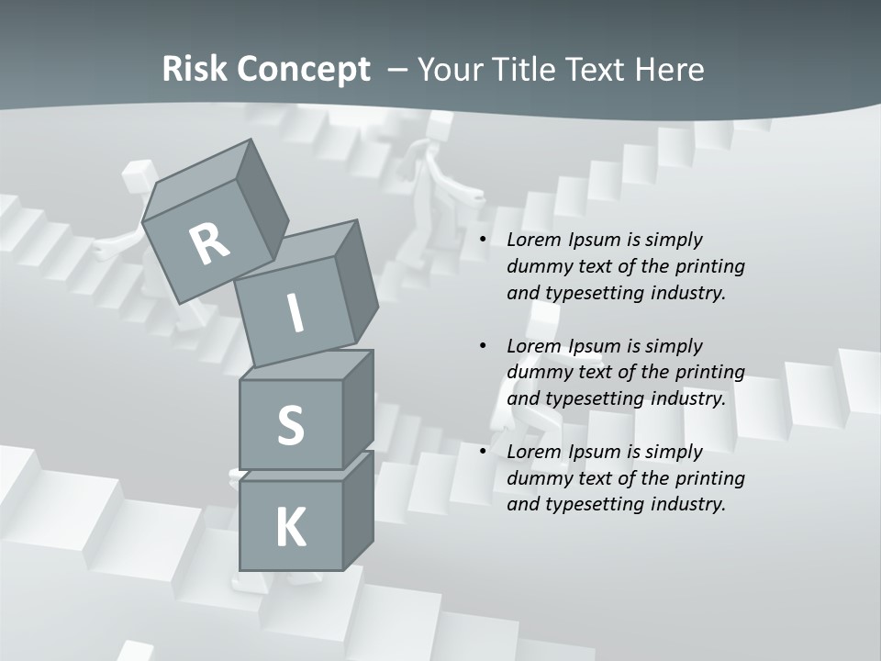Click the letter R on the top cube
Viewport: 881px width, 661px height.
(210, 243)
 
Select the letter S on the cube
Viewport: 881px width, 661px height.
(290, 425)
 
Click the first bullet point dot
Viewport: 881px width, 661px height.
(484, 240)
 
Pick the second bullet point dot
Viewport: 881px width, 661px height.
(484, 346)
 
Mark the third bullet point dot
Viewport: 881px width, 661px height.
(484, 452)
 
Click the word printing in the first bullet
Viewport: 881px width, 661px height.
(713, 266)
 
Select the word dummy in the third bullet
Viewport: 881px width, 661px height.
(537, 477)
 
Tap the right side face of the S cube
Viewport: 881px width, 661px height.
(358, 409)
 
